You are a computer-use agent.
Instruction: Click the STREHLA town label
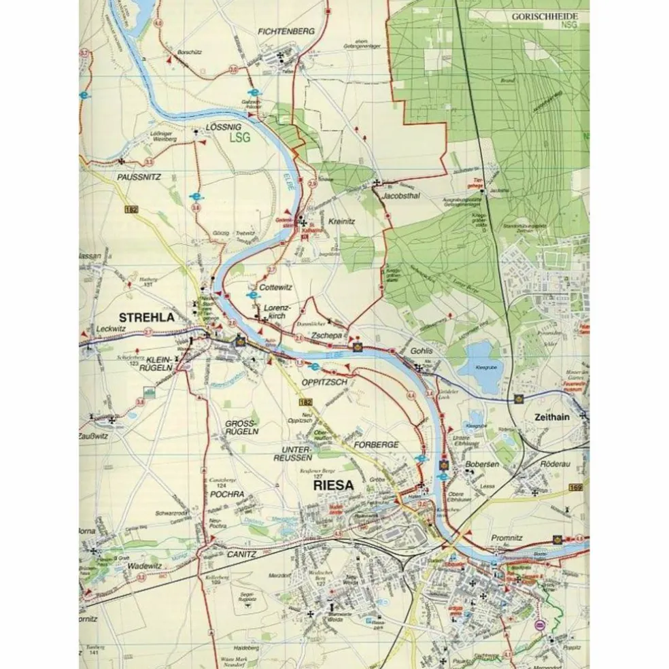click(146, 317)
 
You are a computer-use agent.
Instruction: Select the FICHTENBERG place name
click(286, 31)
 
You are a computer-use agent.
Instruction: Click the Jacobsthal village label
click(402, 195)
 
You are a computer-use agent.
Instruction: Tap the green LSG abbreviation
click(239, 137)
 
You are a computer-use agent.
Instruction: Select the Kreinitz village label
click(342, 221)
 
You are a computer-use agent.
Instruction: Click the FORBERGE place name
click(376, 445)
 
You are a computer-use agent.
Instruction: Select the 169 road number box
click(577, 487)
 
